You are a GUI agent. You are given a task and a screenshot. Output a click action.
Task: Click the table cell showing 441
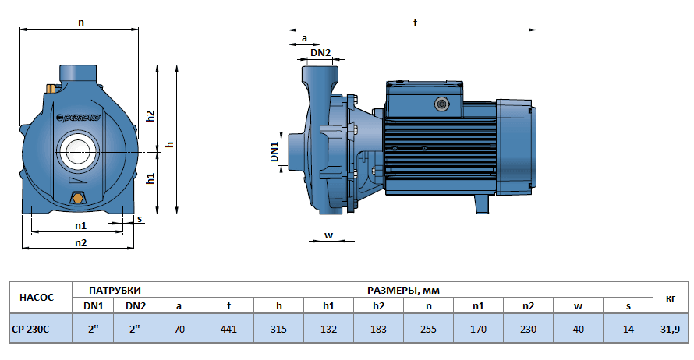click(228, 329)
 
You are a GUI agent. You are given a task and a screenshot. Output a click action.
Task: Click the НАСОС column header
click(37, 298)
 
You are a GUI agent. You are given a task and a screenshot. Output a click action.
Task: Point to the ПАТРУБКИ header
click(114, 290)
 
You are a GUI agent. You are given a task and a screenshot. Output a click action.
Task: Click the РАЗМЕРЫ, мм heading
click(403, 290)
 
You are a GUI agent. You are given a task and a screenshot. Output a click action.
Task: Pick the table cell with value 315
click(278, 329)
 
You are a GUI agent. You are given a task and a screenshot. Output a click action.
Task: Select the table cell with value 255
click(428, 329)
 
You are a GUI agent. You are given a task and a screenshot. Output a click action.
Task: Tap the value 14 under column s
click(628, 329)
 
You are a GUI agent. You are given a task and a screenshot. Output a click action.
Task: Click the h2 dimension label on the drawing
click(151, 115)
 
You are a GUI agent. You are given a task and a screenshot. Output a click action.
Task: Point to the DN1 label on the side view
click(274, 151)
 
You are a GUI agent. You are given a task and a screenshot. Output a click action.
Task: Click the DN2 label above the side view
click(320, 53)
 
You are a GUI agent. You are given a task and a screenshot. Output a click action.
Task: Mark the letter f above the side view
click(415, 23)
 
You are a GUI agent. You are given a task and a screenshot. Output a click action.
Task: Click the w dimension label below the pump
click(328, 234)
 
